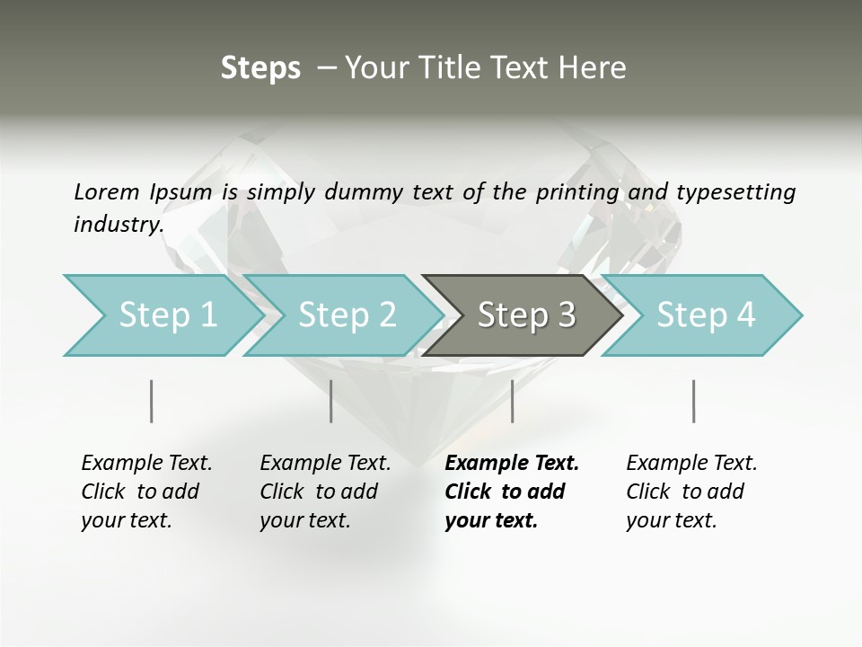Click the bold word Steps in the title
(x=260, y=68)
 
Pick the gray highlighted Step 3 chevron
(x=525, y=315)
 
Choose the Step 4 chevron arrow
(x=705, y=315)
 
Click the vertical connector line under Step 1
(x=151, y=401)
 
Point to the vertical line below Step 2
(x=331, y=401)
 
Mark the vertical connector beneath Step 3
(x=512, y=401)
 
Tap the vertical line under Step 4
(x=693, y=401)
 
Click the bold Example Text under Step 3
(x=512, y=463)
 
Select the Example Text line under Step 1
(x=146, y=463)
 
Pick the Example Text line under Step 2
(x=325, y=463)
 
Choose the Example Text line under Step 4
(x=691, y=463)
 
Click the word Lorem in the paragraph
(x=107, y=191)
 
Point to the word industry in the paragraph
(x=118, y=224)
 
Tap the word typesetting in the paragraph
(x=735, y=191)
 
